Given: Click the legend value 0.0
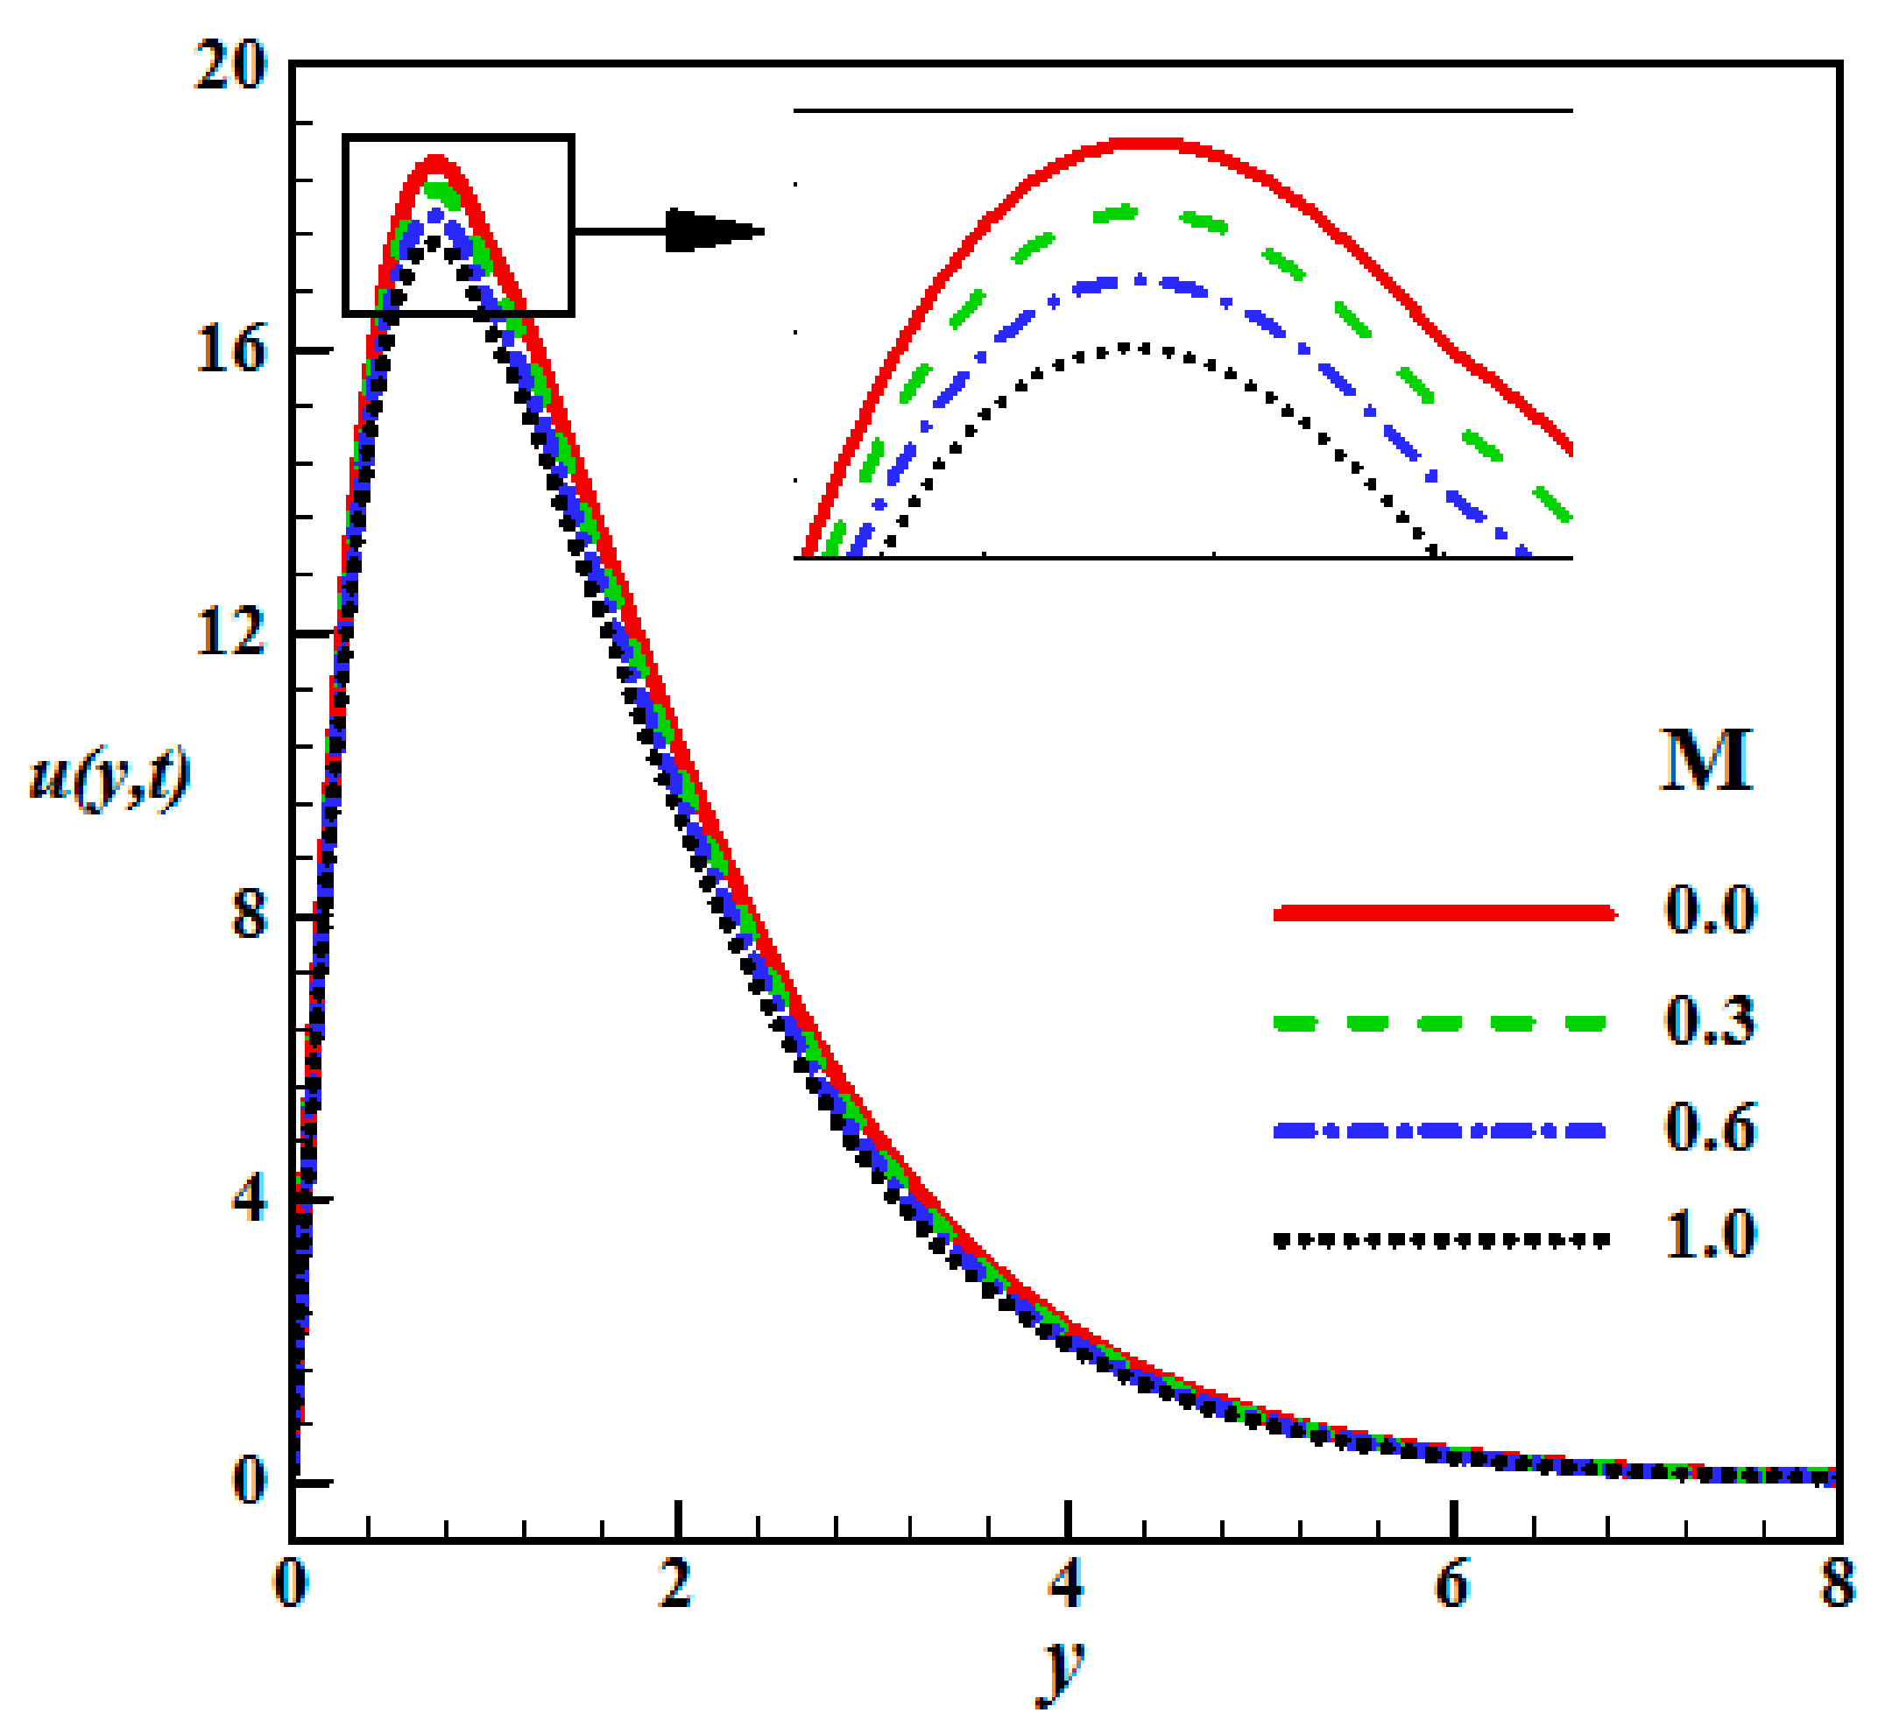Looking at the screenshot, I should pos(1710,909).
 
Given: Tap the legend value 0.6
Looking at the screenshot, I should pos(1710,1128).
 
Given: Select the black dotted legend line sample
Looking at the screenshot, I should pos(1440,1239).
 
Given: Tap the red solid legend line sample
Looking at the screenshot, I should pos(1443,912).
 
